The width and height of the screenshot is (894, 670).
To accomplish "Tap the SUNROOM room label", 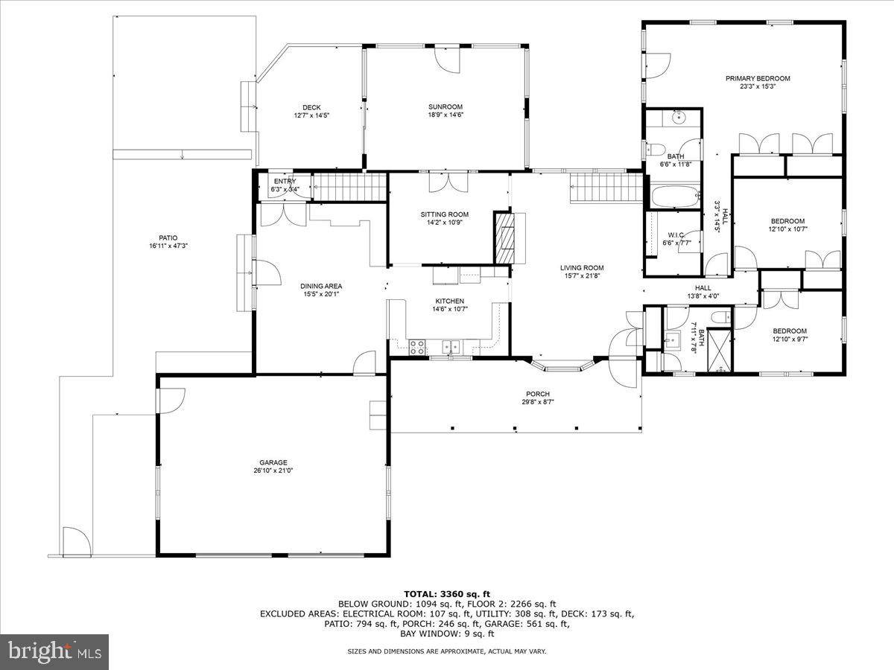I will click(445, 106).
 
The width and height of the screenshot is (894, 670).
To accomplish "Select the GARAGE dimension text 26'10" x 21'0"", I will click(273, 470).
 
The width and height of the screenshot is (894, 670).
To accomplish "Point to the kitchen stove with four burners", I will click(417, 346).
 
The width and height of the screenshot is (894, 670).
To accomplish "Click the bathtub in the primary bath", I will click(675, 197).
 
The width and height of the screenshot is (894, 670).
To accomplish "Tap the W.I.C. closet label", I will click(676, 234).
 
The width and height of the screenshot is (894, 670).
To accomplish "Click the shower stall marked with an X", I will click(718, 349).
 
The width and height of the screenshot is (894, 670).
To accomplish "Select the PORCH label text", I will click(537, 394).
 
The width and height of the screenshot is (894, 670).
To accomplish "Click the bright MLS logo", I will click(54, 652).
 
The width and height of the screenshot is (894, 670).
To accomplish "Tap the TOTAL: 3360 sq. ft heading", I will click(447, 593).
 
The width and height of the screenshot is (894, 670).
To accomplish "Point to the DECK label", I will click(311, 107).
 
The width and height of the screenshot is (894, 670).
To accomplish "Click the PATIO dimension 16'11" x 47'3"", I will click(168, 246).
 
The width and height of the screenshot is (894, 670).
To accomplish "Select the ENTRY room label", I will click(285, 181).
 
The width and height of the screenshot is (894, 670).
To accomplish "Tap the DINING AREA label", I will click(321, 286).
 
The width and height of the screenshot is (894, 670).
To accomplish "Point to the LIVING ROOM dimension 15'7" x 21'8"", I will click(582, 276).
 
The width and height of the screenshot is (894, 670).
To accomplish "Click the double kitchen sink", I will click(450, 346).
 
